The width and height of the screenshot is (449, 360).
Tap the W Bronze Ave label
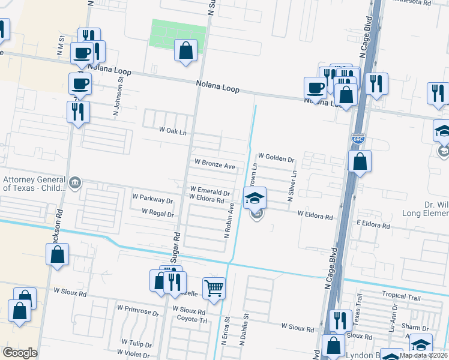tap(214, 163)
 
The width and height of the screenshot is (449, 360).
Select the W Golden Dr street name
tap(276, 160)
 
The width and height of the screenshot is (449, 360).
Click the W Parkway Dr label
tap(152, 197)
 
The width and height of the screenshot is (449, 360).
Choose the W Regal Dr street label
tap(158, 212)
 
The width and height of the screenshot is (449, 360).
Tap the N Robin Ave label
tap(230, 220)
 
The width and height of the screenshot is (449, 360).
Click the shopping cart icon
tap(214, 289)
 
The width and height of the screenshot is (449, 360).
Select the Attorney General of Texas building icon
tap(74, 182)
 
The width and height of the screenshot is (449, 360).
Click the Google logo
tap(20, 353)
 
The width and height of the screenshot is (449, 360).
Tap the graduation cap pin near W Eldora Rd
tap(255, 197)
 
